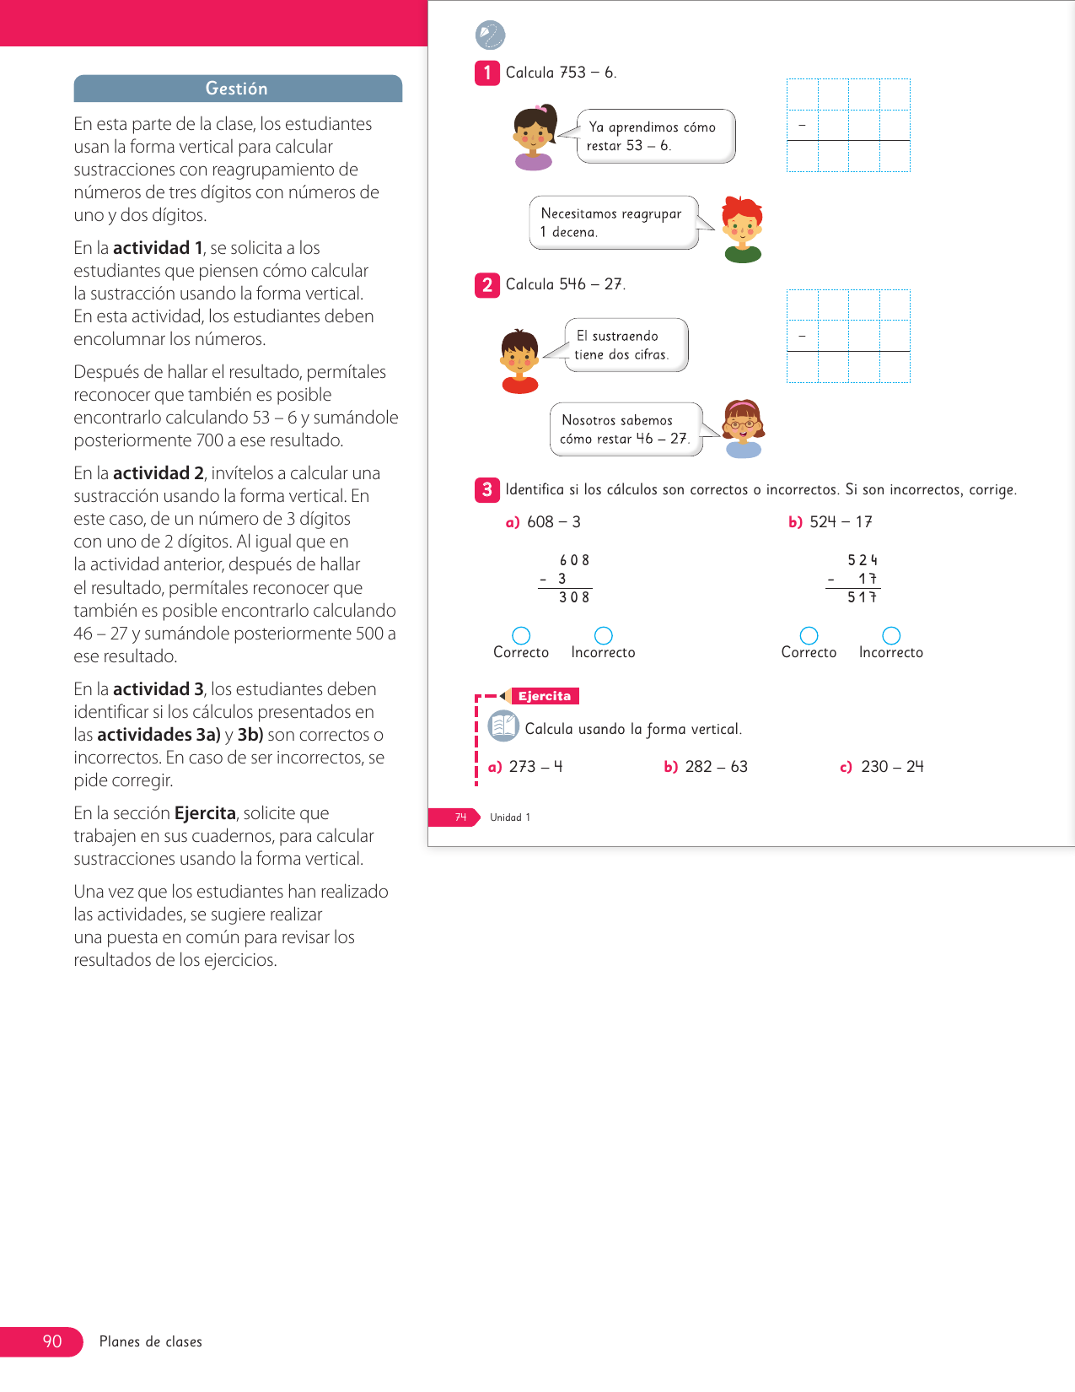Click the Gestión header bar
(238, 89)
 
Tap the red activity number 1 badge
(487, 73)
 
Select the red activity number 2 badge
(487, 285)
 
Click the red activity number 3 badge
(487, 489)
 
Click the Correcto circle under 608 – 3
(521, 635)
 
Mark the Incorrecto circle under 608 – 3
(604, 635)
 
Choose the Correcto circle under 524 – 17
(809, 635)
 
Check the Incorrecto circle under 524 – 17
(891, 635)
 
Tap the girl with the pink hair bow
(535, 134)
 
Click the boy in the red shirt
(519, 359)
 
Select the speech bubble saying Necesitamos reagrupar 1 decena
(614, 223)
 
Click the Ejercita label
(545, 696)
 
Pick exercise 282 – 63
(707, 767)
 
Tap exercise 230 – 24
(883, 767)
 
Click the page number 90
(51, 1341)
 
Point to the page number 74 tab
(460, 817)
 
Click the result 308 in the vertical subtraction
(574, 597)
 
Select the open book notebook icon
(503, 726)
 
